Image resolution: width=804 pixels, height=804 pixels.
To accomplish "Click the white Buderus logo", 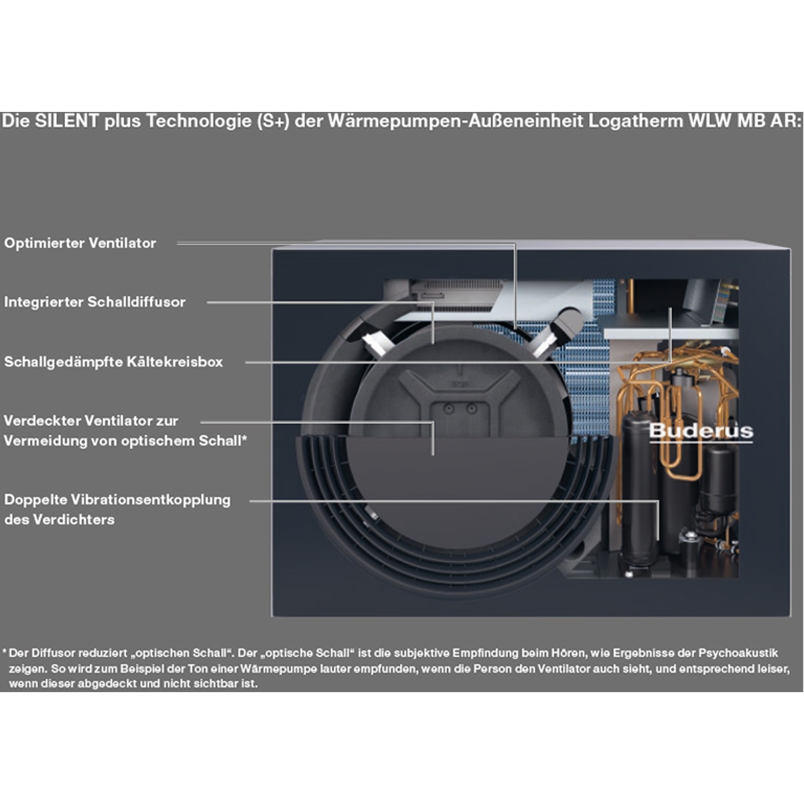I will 700,431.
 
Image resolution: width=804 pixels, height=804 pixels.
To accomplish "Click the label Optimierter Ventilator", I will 80,243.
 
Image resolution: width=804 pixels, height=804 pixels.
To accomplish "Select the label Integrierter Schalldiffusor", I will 94,302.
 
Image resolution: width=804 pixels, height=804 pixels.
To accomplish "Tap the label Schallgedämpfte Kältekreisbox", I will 113,362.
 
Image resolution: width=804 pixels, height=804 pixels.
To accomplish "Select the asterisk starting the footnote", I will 4,651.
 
